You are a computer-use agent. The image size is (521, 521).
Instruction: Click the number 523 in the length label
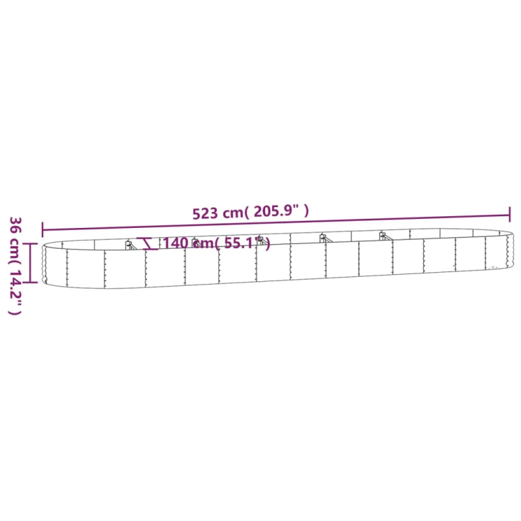[x=204, y=214]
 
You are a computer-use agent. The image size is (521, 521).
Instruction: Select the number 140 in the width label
[x=175, y=243]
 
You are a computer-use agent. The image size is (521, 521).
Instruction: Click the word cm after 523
[x=233, y=213]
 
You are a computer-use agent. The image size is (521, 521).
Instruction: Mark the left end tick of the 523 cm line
[x=42, y=230]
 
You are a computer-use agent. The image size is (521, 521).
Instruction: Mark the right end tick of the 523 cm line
[x=509, y=214]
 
